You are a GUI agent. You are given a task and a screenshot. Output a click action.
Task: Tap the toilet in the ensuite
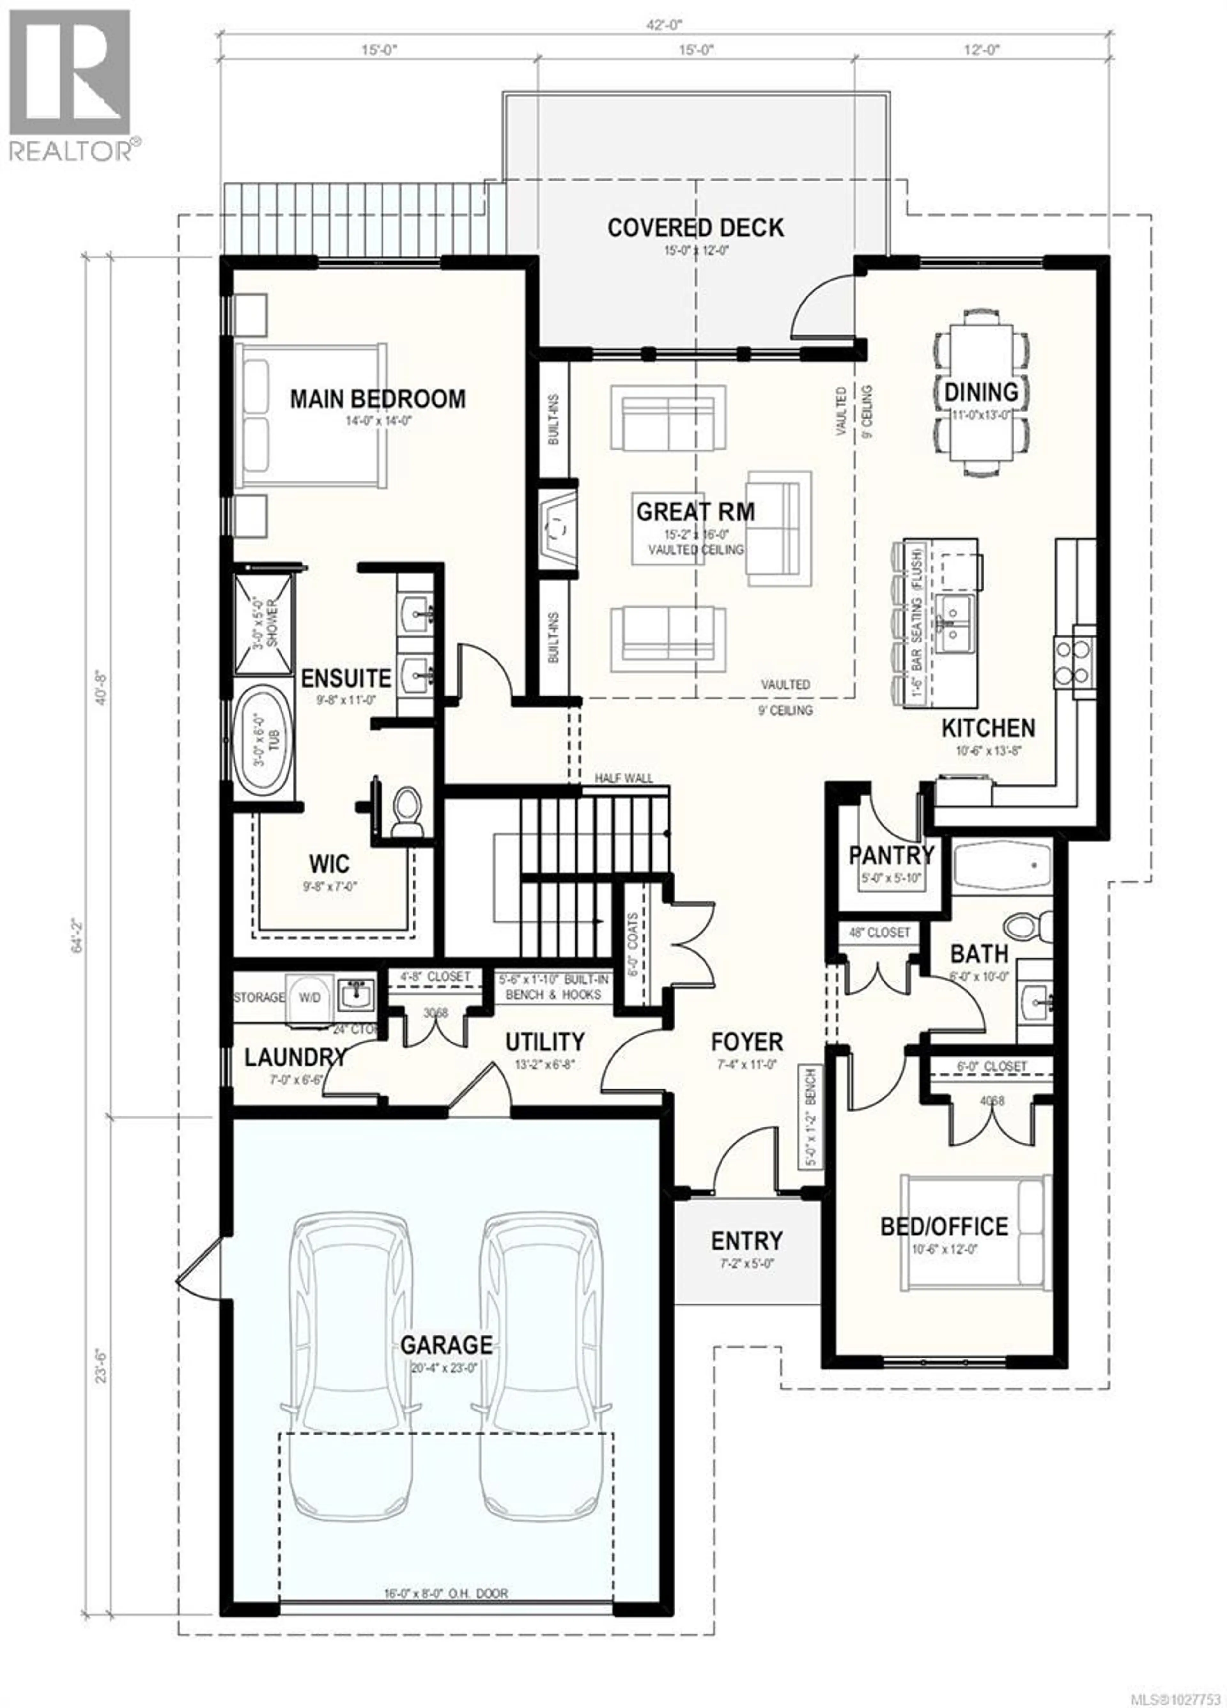407,812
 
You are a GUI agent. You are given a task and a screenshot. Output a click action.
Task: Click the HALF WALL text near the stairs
624,778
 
